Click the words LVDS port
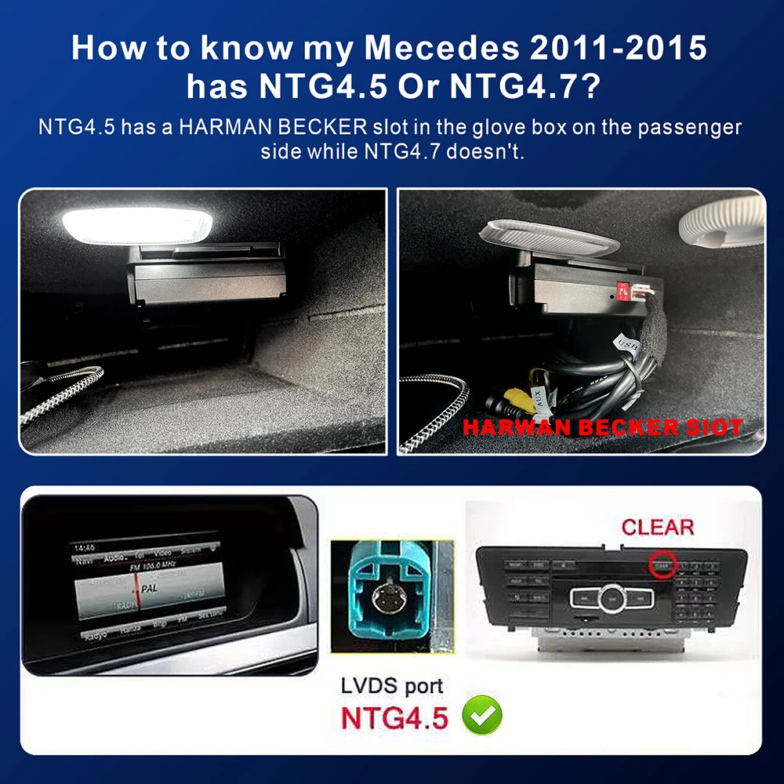tap(392, 686)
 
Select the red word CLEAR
tap(657, 527)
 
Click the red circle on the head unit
tap(663, 564)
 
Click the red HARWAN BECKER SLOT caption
tap(601, 428)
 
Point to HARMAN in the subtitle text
tap(221, 128)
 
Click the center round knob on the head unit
tap(610, 598)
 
